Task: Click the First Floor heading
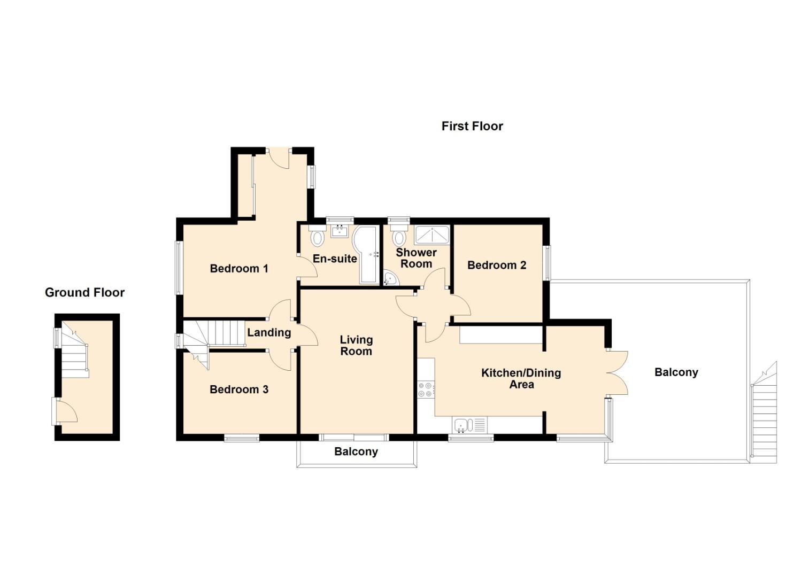[472, 126]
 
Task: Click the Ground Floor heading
[84, 292]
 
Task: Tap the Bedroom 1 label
[239, 268]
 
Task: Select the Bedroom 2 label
[497, 265]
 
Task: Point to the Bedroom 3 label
[239, 389]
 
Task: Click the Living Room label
[356, 345]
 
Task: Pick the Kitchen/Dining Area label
[521, 378]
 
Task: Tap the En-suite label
[335, 259]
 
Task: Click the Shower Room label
[416, 258]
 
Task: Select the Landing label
[269, 332]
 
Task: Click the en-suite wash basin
[340, 231]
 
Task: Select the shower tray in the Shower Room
[432, 235]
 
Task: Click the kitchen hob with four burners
[426, 389]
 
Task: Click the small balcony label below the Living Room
[356, 451]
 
